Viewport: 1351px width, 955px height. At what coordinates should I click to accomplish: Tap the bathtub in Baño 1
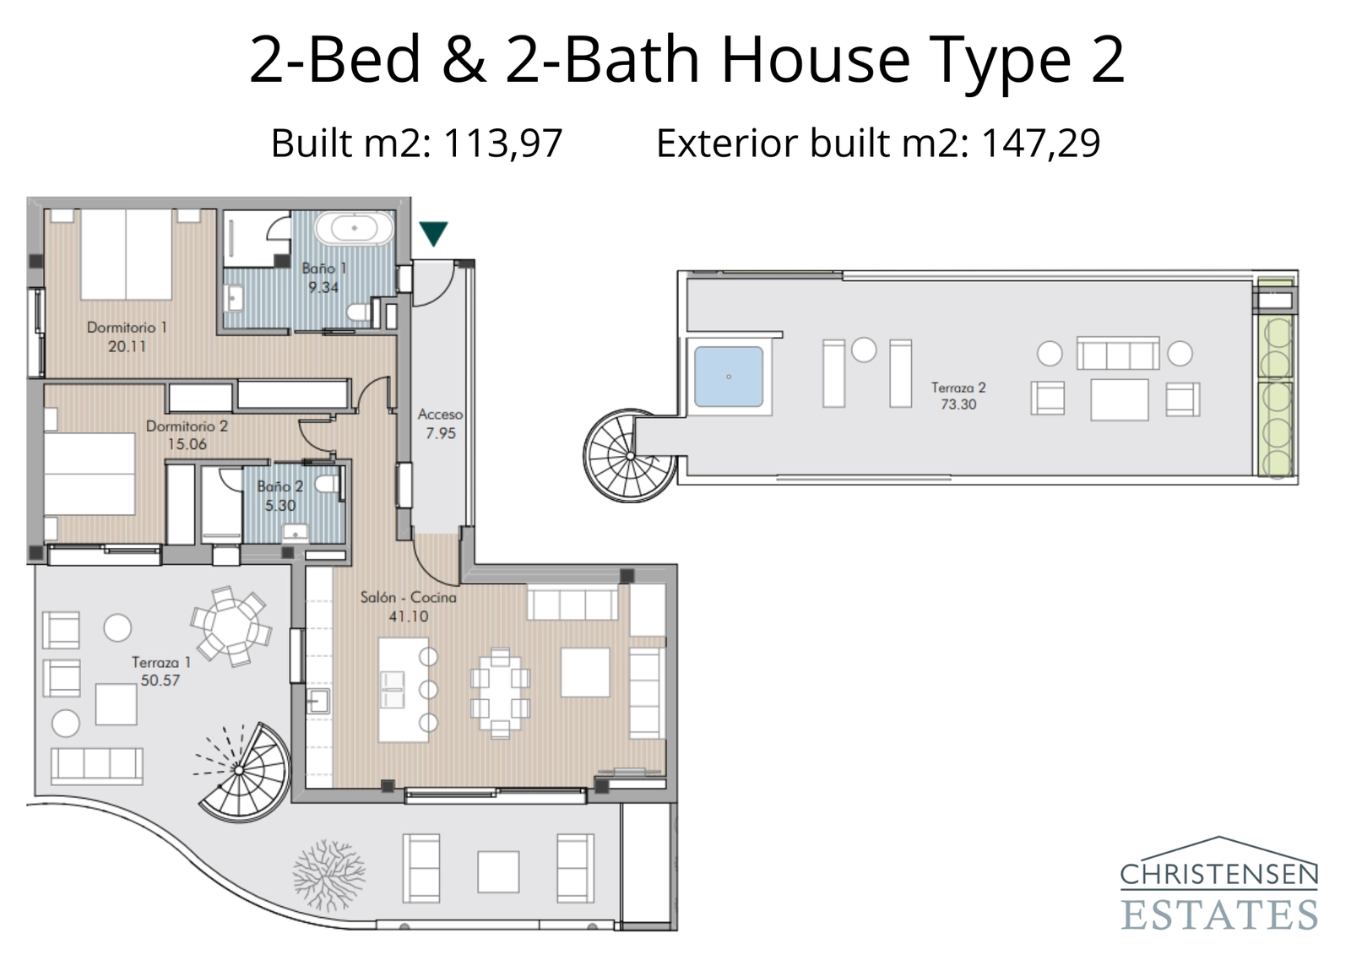click(x=354, y=228)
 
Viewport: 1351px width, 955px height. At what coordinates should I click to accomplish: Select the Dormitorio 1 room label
click(x=127, y=327)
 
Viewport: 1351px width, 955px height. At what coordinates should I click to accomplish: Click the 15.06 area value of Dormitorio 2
click(x=187, y=444)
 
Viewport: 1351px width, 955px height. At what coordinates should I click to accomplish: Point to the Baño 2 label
click(x=279, y=486)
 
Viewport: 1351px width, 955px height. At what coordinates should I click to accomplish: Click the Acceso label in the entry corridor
click(x=440, y=415)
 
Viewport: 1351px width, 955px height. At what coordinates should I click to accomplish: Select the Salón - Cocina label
click(x=408, y=597)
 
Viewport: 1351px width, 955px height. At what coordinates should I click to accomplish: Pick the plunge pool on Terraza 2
click(x=729, y=377)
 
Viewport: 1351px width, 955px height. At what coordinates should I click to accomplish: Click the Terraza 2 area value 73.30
click(x=958, y=404)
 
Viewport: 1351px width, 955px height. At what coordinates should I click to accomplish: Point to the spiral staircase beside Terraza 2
click(x=629, y=456)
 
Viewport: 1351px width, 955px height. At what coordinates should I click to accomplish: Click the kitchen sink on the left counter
click(x=318, y=700)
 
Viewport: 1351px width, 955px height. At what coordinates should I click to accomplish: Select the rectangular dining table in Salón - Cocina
click(x=500, y=692)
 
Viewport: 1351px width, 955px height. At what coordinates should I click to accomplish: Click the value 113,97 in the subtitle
click(x=502, y=143)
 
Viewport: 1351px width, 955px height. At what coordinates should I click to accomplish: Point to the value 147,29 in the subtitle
click(x=1040, y=143)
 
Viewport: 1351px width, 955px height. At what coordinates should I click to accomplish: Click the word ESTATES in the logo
click(x=1219, y=914)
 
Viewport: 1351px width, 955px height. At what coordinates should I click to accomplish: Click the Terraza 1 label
click(x=160, y=662)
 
